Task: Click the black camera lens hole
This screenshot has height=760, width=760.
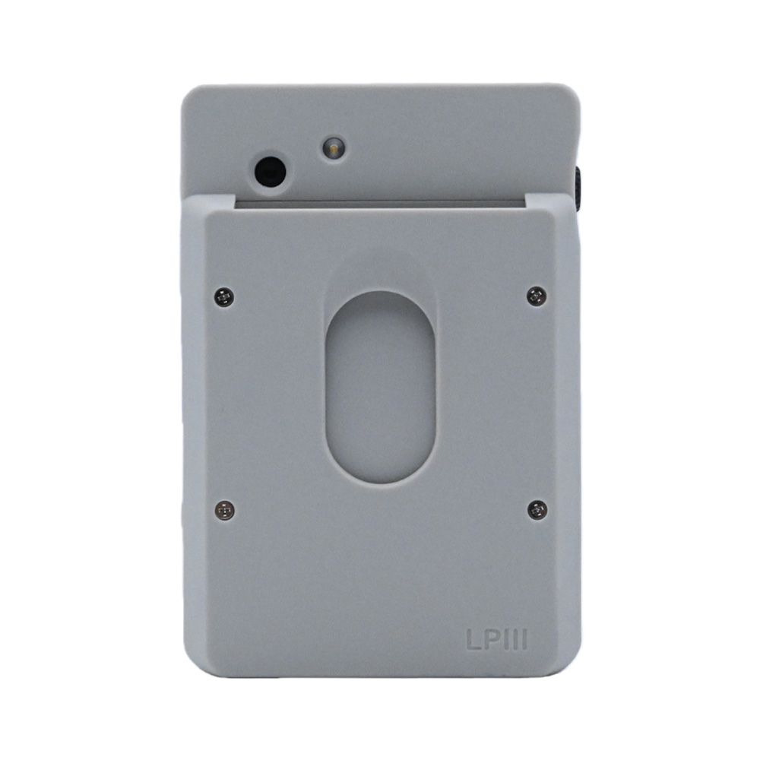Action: [x=270, y=173]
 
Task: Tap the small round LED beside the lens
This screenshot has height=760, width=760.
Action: [x=333, y=149]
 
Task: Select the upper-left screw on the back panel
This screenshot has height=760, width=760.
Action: [x=223, y=296]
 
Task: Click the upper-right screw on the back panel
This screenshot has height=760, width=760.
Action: [x=537, y=296]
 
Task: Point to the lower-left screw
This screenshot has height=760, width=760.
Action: [x=224, y=510]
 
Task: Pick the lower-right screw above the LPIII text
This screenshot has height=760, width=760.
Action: [x=537, y=509]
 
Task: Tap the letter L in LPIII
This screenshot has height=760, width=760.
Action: [x=473, y=640]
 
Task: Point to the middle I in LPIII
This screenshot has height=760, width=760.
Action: [x=515, y=640]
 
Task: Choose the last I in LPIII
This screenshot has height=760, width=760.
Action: [x=523, y=640]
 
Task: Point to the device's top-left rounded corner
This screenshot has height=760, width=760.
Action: [x=189, y=92]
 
